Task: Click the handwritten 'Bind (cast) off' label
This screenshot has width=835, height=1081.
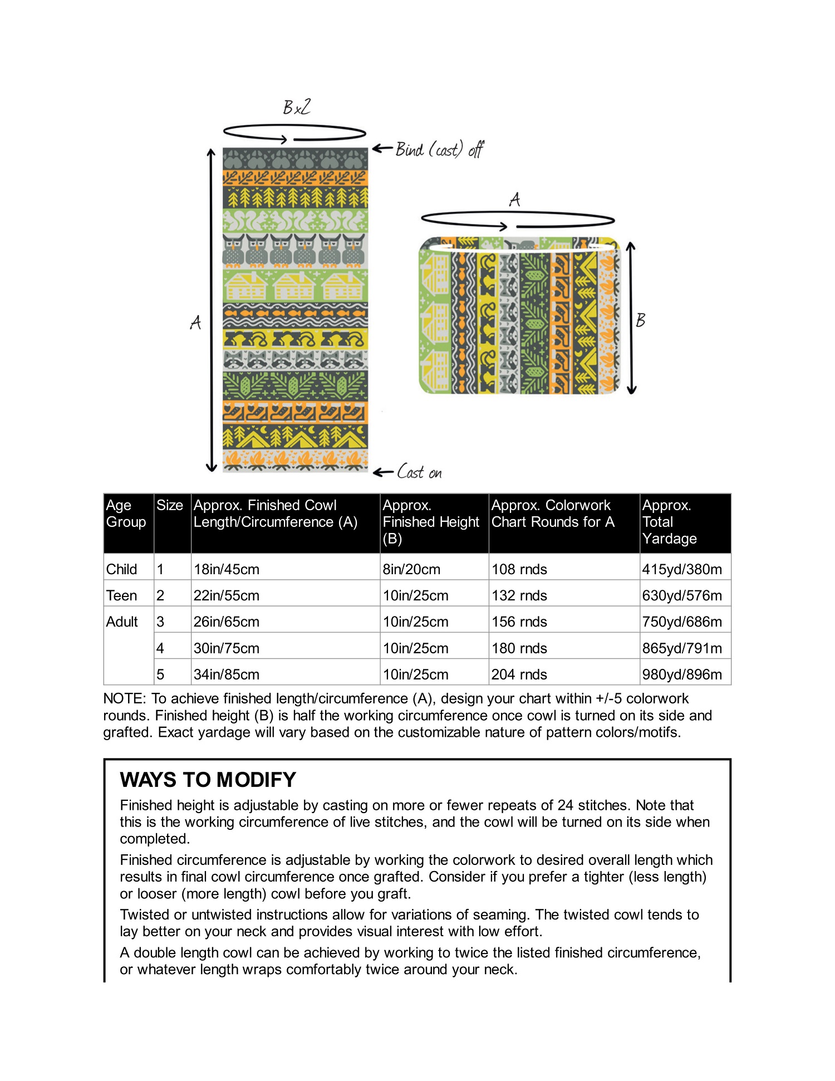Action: [439, 149]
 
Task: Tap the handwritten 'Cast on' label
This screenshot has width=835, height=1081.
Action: [419, 472]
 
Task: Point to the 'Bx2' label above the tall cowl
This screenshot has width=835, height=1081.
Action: [297, 107]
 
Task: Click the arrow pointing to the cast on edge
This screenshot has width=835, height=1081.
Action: [383, 472]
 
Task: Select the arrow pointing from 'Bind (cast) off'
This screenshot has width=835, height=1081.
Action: [382, 148]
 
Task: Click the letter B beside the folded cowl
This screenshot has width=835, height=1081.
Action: [641, 320]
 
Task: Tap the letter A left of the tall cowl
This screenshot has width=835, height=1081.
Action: [195, 322]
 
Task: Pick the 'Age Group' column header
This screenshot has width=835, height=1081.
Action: [126, 513]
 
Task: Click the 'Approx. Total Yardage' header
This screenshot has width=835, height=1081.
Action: [669, 522]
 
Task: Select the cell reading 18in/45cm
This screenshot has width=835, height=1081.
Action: [227, 569]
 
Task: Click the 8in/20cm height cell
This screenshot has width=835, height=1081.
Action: [411, 569]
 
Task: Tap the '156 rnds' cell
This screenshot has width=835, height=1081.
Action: [519, 622]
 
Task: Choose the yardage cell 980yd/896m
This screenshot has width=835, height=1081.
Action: [682, 674]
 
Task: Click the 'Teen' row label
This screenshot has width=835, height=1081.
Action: [121, 595]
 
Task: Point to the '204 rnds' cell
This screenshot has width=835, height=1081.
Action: [519, 674]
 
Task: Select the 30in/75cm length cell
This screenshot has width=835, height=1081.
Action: [227, 648]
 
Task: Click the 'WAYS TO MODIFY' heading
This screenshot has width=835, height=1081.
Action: [208, 780]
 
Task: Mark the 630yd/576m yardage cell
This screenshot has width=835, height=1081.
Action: [682, 595]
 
